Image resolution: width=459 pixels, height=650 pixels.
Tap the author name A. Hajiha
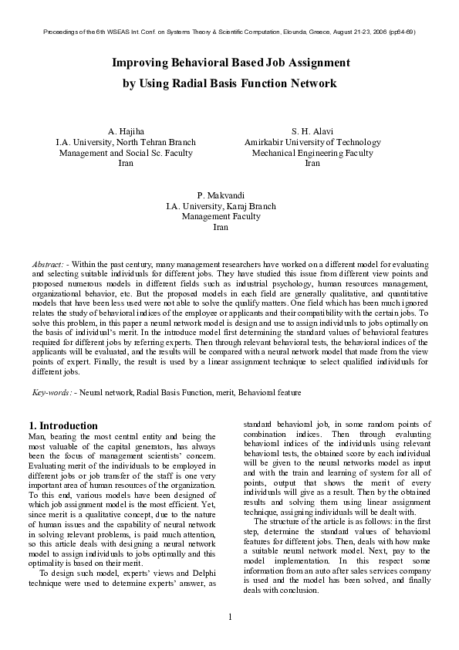(x=126, y=131)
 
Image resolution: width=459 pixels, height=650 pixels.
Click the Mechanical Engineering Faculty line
(x=312, y=153)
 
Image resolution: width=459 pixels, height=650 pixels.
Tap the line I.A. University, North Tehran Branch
(x=126, y=142)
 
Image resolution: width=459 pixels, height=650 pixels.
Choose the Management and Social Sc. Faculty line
(x=126, y=153)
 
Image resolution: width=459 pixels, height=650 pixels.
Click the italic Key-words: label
(x=52, y=393)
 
